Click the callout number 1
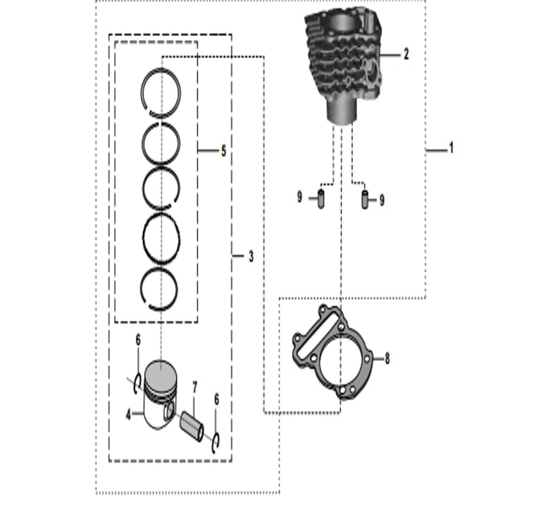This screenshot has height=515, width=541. [451, 148]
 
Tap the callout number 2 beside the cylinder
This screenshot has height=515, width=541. [406, 54]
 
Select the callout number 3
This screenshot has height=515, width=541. [251, 256]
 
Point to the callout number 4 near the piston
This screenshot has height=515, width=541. [128, 414]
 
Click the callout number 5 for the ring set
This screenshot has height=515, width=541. [223, 151]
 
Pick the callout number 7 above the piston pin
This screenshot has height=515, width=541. [194, 387]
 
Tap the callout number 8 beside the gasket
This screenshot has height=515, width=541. [387, 358]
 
